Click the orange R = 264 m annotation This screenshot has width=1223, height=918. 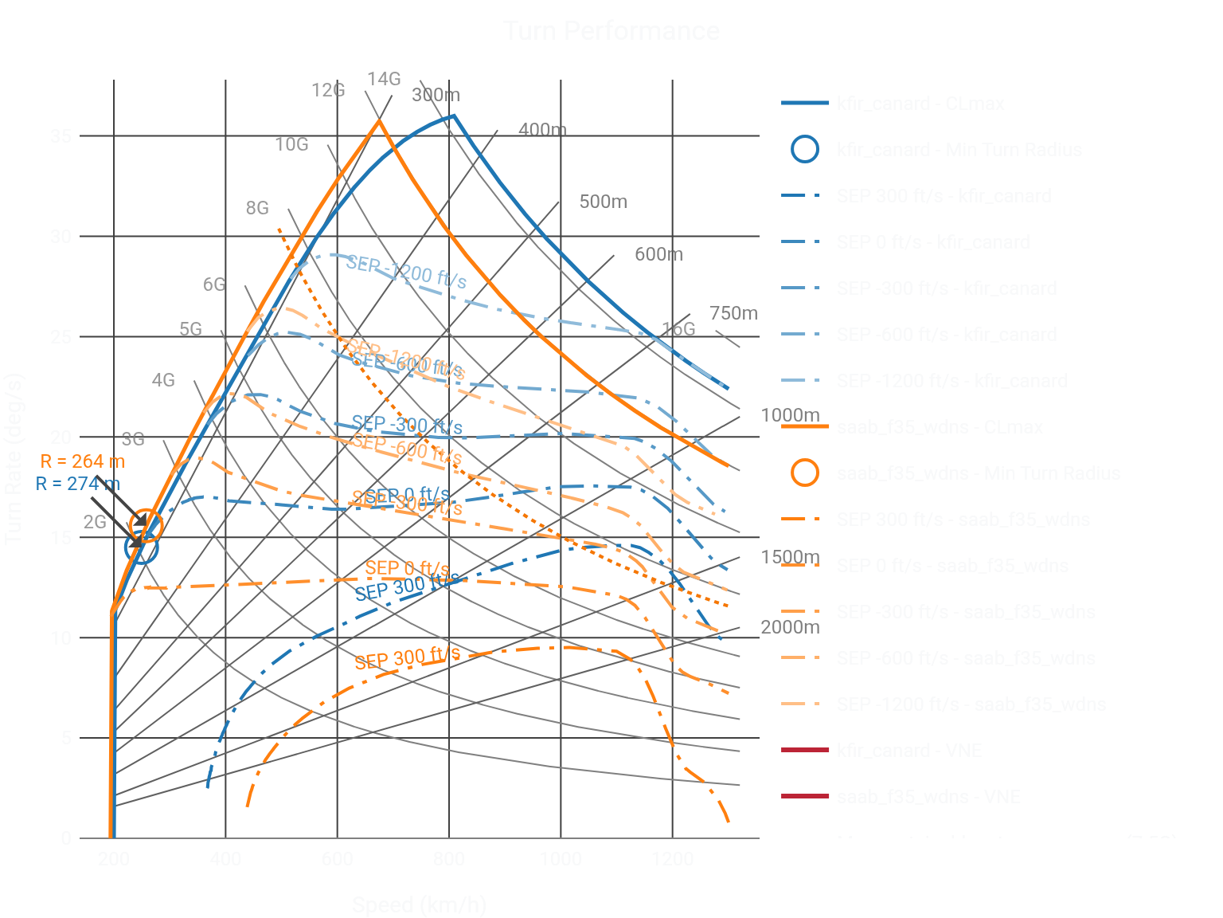click(83, 461)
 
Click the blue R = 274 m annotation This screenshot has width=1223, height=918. click(78, 484)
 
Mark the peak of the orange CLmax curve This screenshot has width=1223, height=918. click(380, 120)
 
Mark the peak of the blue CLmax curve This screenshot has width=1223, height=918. click(453, 116)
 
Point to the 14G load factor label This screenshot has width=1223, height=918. click(384, 79)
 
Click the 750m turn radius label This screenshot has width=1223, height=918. click(733, 313)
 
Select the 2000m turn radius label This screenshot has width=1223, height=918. click(790, 627)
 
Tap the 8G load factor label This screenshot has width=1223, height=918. click(257, 208)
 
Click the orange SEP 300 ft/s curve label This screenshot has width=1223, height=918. click(407, 658)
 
